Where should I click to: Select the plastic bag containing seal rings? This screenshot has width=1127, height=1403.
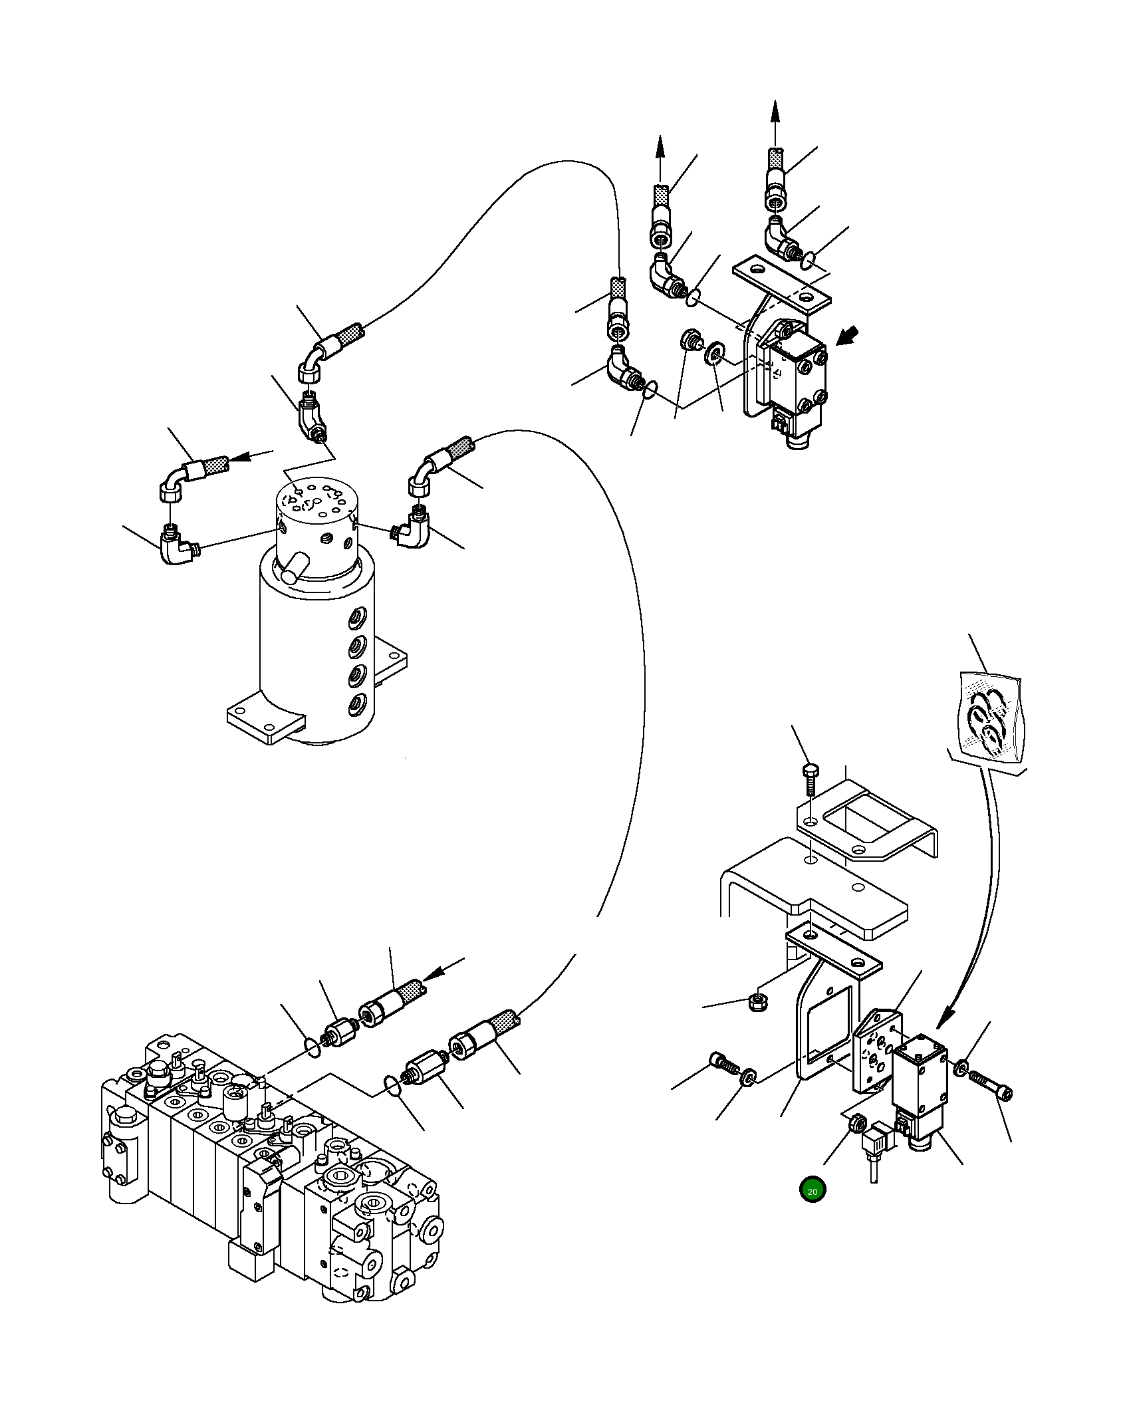click(x=991, y=718)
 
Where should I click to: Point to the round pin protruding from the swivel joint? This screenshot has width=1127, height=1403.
click(x=293, y=569)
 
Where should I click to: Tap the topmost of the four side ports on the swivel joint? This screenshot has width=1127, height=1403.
click(x=358, y=617)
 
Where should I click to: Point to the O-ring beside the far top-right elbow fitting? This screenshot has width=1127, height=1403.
click(x=807, y=260)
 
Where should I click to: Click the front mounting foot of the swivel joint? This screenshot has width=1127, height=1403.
click(x=266, y=722)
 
